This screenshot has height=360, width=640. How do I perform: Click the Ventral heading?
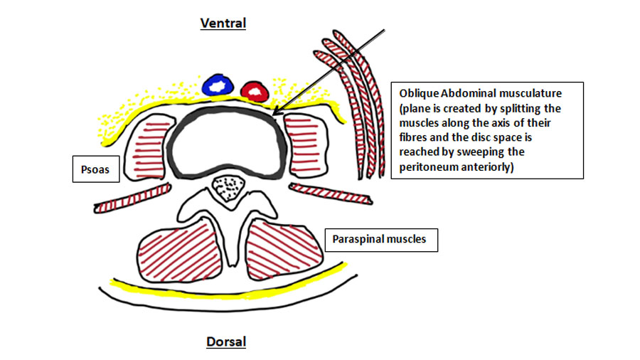(x=223, y=23)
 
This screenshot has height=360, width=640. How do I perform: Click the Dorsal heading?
(x=225, y=342)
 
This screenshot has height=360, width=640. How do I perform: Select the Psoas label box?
(x=95, y=171)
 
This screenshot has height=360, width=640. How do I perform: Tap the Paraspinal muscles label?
(x=380, y=240)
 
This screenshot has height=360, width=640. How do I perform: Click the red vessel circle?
(x=255, y=90)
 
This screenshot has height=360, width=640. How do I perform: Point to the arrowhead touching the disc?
(x=276, y=112)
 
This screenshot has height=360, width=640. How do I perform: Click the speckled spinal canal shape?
(x=229, y=189)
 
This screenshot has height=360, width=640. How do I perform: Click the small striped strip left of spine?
(x=133, y=197)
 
